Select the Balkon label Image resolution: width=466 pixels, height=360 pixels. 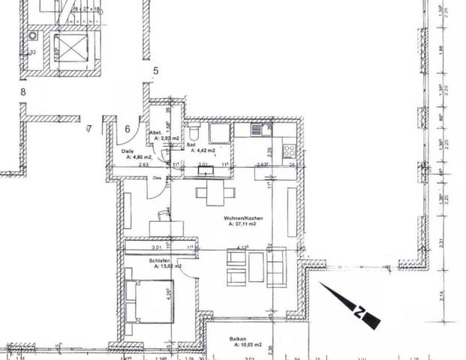click(239, 339)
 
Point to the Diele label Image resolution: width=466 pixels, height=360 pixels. click(128, 151)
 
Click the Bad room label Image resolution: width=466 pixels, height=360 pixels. click(191, 145)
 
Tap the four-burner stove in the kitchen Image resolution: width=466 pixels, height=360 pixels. click(289, 150)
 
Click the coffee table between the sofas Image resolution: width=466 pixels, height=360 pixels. click(255, 267)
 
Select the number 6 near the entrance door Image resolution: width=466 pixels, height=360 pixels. click(128, 129)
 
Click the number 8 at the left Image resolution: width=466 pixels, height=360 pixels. click(24, 92)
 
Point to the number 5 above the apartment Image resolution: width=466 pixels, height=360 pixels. click(155, 71)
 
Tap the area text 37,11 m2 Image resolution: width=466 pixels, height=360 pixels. click(242, 224)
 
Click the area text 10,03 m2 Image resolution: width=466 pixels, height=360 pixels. click(245, 346)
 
